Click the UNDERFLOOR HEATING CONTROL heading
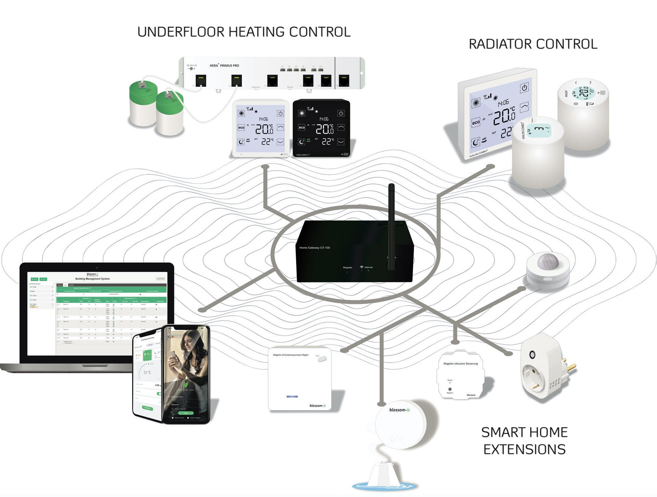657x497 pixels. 244,32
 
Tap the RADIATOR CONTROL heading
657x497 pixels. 533,44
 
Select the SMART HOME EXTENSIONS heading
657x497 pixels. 524,441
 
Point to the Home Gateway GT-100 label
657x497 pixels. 314,248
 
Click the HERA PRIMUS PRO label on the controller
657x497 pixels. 224,66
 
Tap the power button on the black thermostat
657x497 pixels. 341,113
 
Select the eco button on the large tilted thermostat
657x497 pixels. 476,122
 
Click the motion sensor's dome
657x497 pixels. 548,261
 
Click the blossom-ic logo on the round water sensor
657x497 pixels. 399,410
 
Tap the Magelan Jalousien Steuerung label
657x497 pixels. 460,364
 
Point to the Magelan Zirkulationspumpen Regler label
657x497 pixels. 291,355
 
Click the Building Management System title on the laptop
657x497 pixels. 92,279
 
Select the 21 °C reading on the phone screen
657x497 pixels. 147,373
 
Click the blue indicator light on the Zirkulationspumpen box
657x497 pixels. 292,397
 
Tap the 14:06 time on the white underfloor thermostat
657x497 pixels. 263,119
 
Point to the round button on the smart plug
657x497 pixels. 532,354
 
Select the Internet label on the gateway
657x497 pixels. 369,267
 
